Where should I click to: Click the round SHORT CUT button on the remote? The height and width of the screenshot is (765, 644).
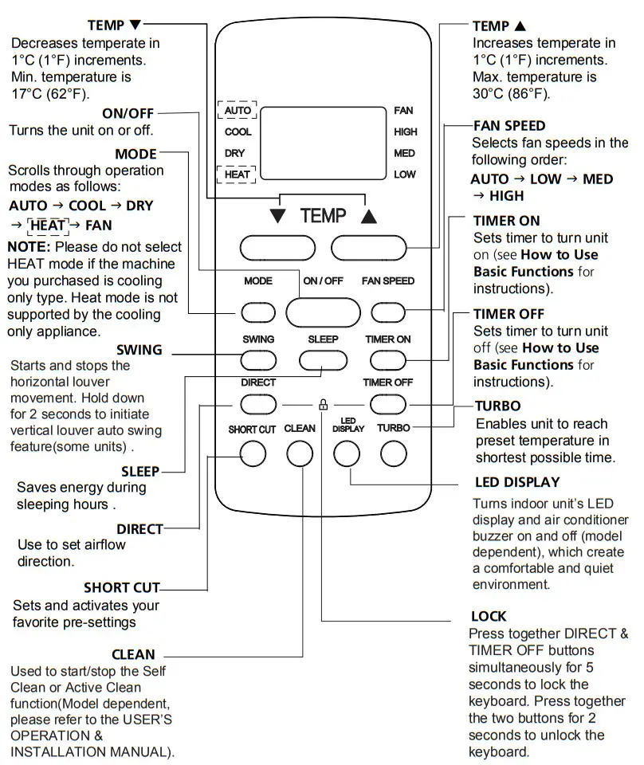tap(252, 453)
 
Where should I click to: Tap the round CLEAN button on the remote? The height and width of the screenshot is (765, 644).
tap(300, 453)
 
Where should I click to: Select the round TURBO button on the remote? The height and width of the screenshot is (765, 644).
tap(394, 453)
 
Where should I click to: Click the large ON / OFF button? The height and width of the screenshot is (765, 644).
tap(323, 312)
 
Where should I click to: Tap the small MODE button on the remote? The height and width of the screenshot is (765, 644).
tap(257, 312)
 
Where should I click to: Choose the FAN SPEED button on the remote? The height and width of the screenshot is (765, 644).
tap(388, 312)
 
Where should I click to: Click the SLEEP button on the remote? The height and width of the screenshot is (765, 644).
tap(323, 360)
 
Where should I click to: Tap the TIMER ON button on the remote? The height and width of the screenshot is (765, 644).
tap(388, 360)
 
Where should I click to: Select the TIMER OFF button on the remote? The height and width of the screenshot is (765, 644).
tap(388, 404)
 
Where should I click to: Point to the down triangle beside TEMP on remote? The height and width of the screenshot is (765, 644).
tap(277, 217)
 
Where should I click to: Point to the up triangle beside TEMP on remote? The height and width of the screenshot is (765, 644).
tap(367, 217)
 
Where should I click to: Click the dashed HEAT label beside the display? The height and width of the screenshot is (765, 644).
tap(238, 174)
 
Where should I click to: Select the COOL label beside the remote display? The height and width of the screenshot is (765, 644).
tap(238, 131)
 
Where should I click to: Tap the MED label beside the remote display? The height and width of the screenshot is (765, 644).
tap(405, 153)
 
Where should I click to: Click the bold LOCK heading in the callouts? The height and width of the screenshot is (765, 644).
tap(489, 616)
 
